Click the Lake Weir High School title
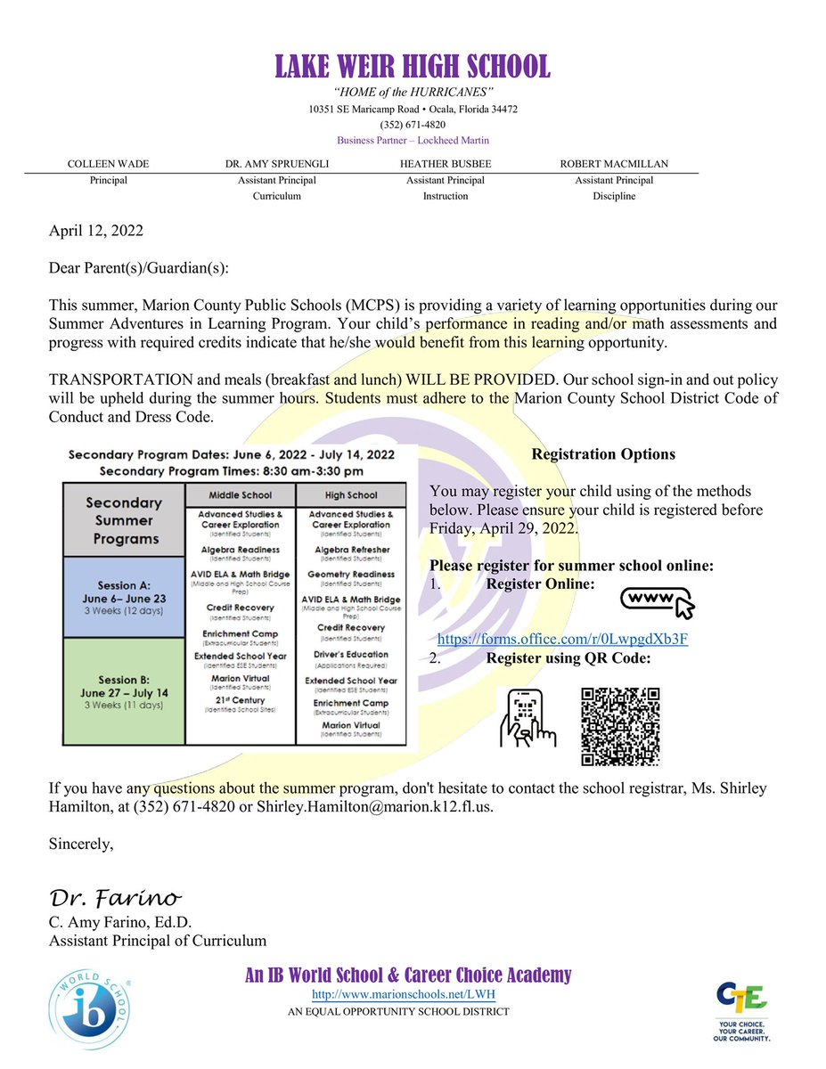pos(413,65)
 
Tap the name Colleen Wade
pos(110,165)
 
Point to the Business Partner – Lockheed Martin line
pos(413,140)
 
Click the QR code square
pos(619,726)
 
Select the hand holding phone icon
pos(527,718)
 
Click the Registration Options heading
pos(603,454)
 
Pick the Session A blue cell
pos(123,596)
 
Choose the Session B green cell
pos(123,691)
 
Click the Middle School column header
pos(240,495)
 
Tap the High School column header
pos(351,495)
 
